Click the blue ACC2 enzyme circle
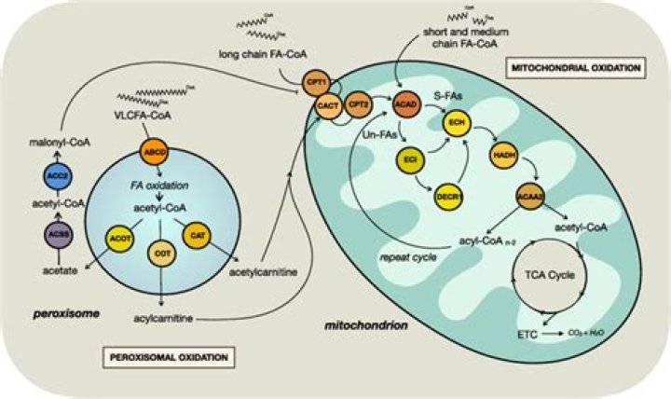(x=54, y=174)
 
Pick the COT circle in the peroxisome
(x=161, y=253)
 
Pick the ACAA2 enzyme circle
(x=530, y=198)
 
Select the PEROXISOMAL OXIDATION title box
(x=166, y=355)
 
